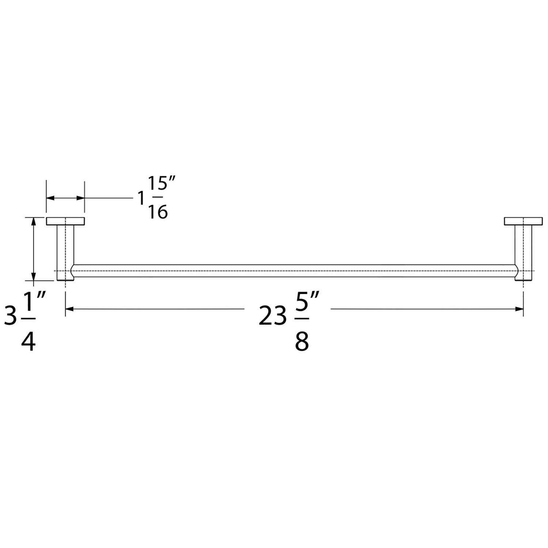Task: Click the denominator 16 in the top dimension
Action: tap(158, 212)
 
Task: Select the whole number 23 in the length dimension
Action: tap(273, 316)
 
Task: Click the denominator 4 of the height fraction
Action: tap(28, 342)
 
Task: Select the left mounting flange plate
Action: tap(65, 221)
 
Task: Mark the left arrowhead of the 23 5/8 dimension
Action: tap(69, 309)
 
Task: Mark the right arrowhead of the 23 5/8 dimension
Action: tap(519, 309)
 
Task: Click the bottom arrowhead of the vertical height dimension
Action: tap(34, 277)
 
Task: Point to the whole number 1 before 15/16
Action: tap(141, 199)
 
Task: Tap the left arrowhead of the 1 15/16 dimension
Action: tap(50, 198)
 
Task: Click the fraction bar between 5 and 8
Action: tap(302, 319)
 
